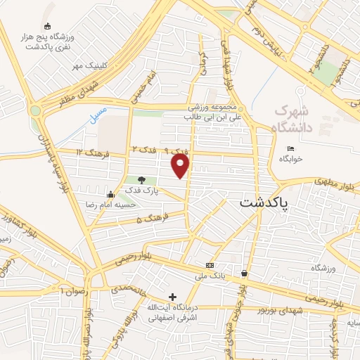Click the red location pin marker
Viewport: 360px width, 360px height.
[x=181, y=166]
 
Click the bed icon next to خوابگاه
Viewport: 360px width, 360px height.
[x=290, y=148]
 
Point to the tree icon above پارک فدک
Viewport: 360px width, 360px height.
[x=143, y=181]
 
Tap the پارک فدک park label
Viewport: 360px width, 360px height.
[x=143, y=191]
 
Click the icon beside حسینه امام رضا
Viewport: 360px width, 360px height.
[x=110, y=195]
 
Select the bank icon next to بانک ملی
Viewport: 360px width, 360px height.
[x=210, y=265]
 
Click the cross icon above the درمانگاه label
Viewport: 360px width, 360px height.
[x=173, y=297]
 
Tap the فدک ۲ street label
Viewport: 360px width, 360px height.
[x=143, y=150]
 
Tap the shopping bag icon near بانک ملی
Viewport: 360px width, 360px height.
[x=244, y=273]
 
